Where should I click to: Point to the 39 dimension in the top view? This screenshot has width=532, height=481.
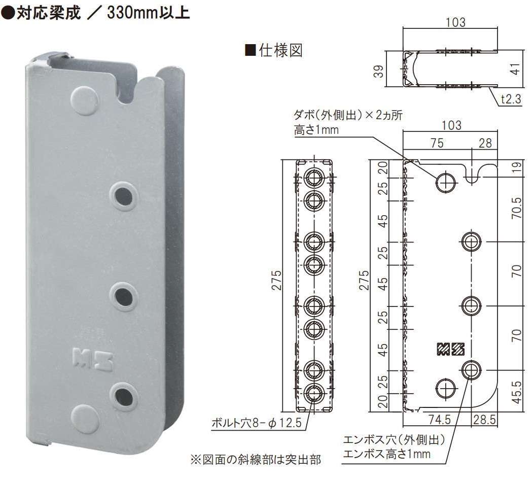click(x=378, y=70)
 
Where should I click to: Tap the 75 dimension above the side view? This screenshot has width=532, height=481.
click(x=437, y=143)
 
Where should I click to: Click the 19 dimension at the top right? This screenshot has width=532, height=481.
click(x=516, y=168)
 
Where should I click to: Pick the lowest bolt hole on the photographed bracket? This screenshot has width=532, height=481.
click(x=124, y=394)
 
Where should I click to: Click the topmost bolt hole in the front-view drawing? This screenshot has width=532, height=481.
click(x=314, y=178)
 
